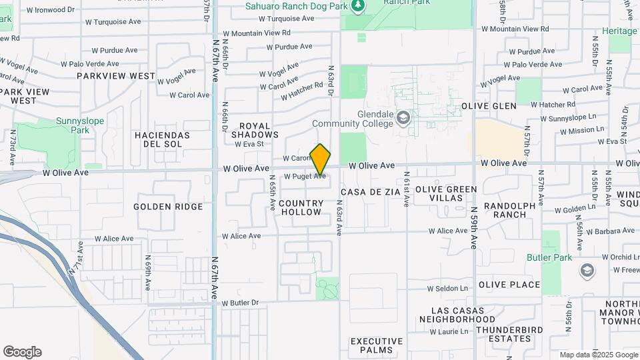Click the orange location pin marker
tap(321, 159)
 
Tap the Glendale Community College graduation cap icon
tap(403, 119)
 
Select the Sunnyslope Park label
tap(54, 126)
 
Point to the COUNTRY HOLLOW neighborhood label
tap(301, 207)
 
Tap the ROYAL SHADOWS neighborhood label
tap(255, 130)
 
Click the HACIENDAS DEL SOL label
tap(162, 139)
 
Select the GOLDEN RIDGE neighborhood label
tap(168, 207)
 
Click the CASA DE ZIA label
tap(370, 192)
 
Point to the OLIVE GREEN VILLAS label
tap(446, 193)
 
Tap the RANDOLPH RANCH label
tap(509, 210)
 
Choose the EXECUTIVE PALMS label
tap(377, 345)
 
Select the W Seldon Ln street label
tap(447, 289)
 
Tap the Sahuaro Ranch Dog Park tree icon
tap(359, 5)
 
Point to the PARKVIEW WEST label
tap(115, 76)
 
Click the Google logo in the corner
tap(22, 352)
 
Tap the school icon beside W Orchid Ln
tap(587, 270)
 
